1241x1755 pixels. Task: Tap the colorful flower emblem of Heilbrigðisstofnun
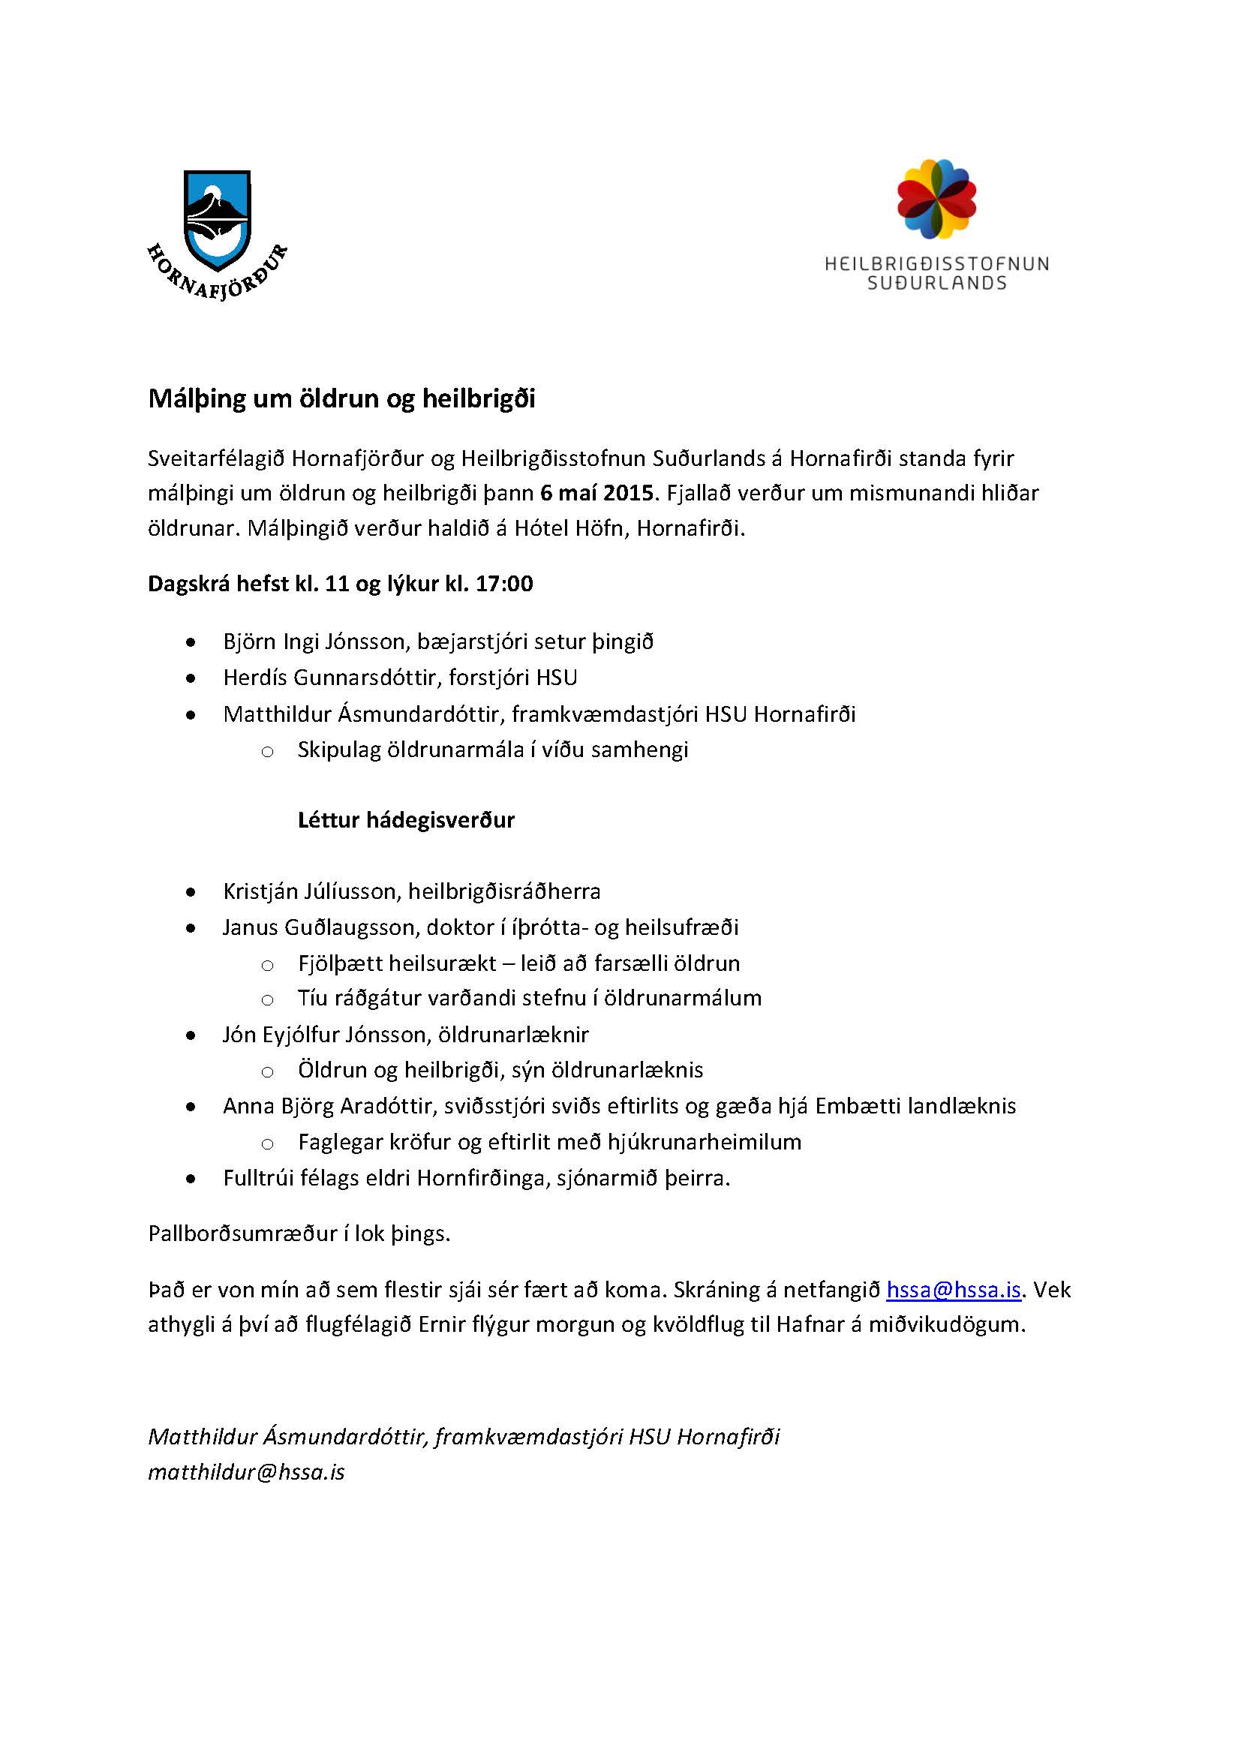point(936,199)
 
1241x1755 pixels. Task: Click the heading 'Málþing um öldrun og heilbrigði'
point(341,399)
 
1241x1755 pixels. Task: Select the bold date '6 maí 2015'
point(596,493)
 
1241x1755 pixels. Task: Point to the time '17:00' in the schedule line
point(504,584)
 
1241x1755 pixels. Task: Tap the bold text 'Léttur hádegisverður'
point(406,820)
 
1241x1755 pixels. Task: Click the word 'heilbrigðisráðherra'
point(504,891)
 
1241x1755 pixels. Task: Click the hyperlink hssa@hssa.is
point(953,1290)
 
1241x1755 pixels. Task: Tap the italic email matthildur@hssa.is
point(246,1472)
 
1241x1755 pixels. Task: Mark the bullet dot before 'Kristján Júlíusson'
point(191,892)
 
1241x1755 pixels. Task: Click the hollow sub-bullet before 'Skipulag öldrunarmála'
point(267,751)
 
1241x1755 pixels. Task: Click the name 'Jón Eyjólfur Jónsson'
point(323,1035)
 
